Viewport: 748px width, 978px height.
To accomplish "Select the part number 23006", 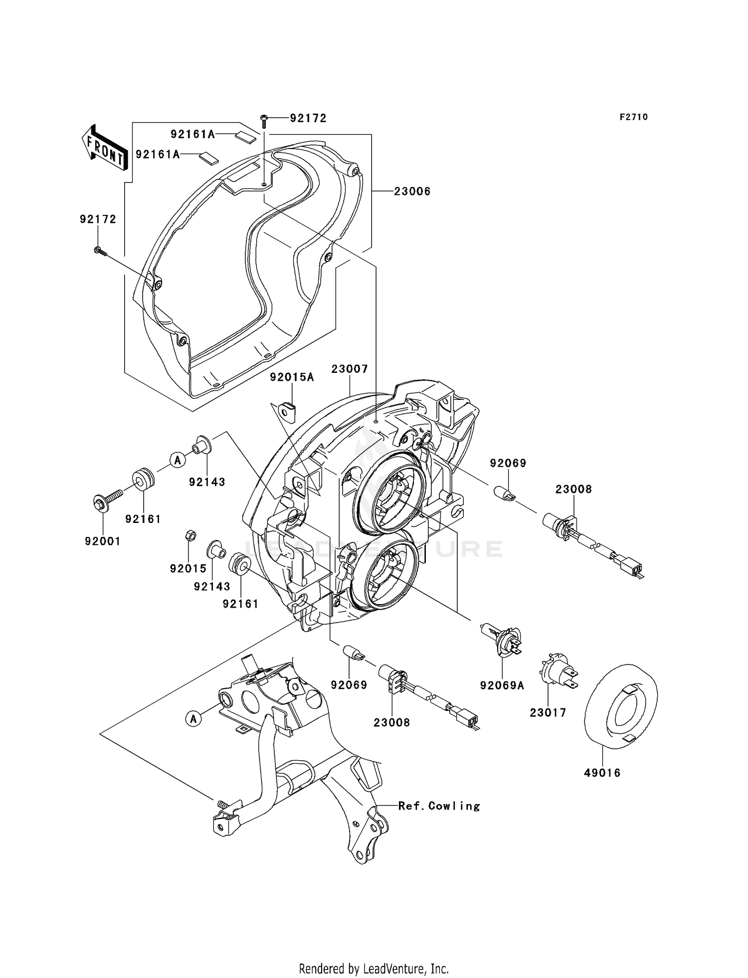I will point(412,191).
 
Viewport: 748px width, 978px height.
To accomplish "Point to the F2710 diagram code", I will point(634,117).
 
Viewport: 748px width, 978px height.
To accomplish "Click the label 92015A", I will point(292,377).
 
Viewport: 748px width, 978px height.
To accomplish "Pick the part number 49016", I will point(602,773).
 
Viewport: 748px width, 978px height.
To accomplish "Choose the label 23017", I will point(548,713).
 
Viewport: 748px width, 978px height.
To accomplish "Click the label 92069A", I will point(502,685).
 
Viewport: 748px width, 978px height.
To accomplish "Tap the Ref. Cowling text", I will point(439,806).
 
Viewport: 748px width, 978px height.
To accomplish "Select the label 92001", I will point(103,541).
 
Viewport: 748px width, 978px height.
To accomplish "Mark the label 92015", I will point(188,568).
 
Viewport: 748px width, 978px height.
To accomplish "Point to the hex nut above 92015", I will point(189,536).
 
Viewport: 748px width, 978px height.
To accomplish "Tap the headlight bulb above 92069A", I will point(502,637).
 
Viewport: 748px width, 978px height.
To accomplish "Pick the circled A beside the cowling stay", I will point(193,718).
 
